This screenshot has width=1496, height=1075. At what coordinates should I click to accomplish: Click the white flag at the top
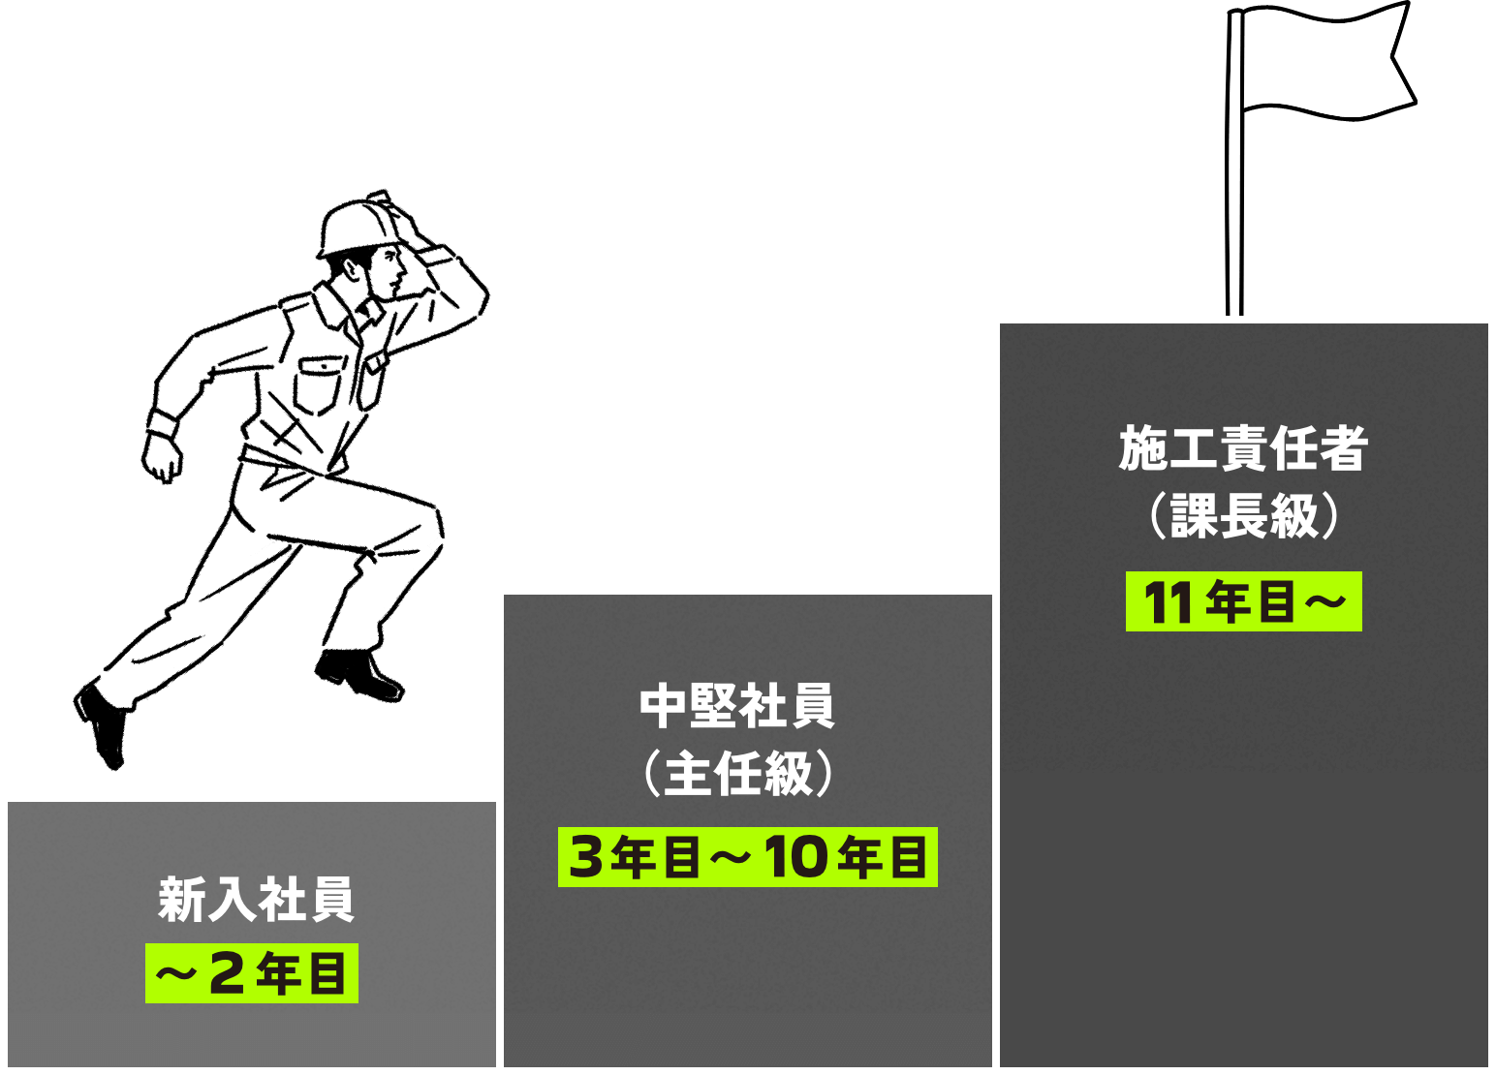coord(1323,60)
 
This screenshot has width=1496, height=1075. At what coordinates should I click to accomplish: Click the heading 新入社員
coord(256,900)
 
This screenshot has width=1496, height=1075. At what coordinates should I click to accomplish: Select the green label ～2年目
coord(252,973)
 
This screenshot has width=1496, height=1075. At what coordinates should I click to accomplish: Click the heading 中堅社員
coord(737,706)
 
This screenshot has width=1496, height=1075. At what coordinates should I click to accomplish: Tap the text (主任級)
coord(737,774)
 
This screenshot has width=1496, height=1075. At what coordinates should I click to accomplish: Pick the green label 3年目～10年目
coord(747,857)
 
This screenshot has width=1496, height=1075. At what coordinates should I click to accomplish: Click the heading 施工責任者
coord(1243,448)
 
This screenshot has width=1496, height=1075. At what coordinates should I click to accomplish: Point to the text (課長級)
coord(1243,516)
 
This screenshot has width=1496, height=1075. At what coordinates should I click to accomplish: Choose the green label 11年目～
coord(1243,601)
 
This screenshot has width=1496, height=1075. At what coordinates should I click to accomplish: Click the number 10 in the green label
coord(795,857)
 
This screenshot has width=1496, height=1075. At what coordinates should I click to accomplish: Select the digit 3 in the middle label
coord(586,857)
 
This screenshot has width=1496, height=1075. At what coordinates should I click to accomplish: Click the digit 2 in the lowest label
coord(227,973)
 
